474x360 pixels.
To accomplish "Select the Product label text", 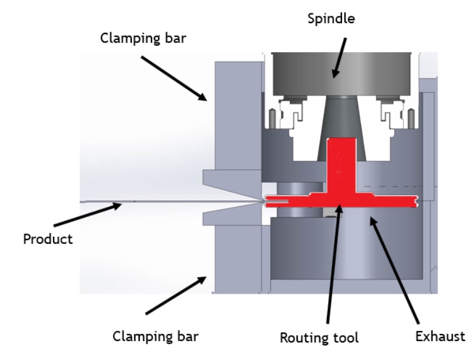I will (47, 238).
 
